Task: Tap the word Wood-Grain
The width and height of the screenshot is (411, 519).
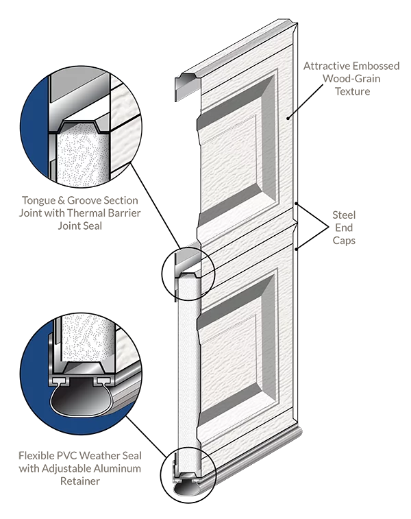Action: (351, 79)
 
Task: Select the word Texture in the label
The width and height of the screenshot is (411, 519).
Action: (353, 91)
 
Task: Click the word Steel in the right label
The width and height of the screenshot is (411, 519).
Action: (344, 215)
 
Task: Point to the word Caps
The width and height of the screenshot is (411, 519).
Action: (344, 241)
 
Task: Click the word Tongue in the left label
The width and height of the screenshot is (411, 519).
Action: (34, 201)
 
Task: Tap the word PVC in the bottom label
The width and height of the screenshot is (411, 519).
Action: (67, 456)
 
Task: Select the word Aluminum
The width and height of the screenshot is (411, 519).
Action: (117, 469)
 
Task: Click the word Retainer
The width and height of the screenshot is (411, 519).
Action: (80, 481)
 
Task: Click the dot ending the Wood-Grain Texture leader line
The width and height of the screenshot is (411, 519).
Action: (288, 117)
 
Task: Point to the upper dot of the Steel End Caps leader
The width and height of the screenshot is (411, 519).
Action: (297, 204)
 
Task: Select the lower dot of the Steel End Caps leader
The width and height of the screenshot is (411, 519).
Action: (297, 249)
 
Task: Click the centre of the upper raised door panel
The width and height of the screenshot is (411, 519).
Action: (236, 145)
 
